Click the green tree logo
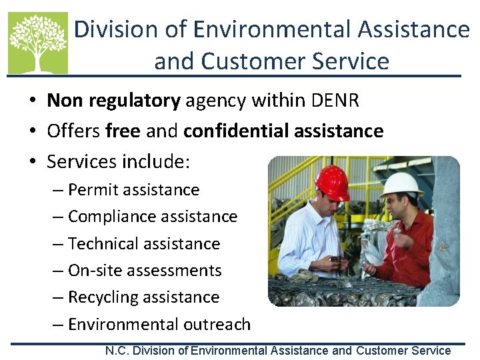click(38, 43)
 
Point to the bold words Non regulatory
click(113, 101)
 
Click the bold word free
click(123, 131)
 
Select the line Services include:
click(119, 161)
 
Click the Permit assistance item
click(133, 190)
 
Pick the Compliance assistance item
click(152, 217)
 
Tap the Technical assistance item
click(143, 244)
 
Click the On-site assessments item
click(145, 271)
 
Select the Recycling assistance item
click(143, 297)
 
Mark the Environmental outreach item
click(159, 325)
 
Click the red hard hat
click(331, 182)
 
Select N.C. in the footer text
click(117, 351)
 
